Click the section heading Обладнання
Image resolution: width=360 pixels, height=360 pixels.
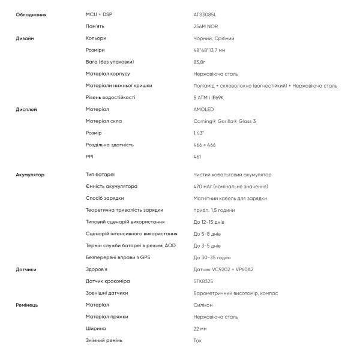[x=31, y=14]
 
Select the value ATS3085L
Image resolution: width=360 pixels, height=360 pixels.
[x=205, y=14]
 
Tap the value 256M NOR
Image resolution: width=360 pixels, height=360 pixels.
[x=206, y=26]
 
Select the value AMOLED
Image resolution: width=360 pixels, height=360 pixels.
[x=204, y=109]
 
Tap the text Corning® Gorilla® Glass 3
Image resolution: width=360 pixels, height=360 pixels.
[x=225, y=121]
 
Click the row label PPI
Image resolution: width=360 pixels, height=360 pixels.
[x=90, y=157]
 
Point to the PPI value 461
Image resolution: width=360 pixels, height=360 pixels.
[x=197, y=157]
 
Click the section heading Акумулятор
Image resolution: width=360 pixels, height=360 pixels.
[x=31, y=175]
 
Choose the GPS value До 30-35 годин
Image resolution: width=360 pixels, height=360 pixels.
[x=212, y=257]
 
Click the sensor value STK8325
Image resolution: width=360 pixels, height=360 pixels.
[x=204, y=281]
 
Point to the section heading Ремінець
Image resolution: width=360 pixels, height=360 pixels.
[x=27, y=305]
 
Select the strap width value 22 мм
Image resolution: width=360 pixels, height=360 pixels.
[x=200, y=329]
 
